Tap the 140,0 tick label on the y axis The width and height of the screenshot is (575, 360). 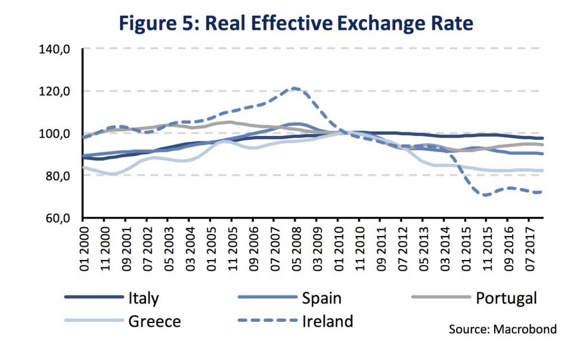tap(55, 49)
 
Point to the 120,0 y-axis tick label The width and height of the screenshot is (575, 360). tap(55, 91)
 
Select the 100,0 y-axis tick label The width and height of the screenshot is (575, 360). tap(55, 134)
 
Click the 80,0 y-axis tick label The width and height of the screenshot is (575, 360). tap(57, 176)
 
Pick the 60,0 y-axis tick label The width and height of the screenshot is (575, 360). tap(57, 218)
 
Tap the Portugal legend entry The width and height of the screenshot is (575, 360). tap(505, 297)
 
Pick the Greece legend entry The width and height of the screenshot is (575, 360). tap(154, 321)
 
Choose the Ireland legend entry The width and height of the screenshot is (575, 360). tap(327, 321)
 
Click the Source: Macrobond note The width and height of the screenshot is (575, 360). tap(503, 329)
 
